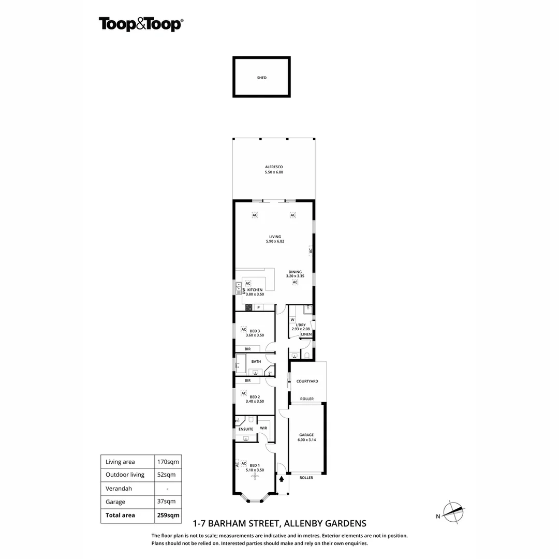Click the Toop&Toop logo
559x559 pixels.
click(x=141, y=24)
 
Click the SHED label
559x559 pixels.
click(x=262, y=78)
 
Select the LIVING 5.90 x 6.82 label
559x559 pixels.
click(x=275, y=239)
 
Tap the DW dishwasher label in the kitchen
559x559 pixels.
click(x=244, y=291)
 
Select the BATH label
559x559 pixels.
click(x=256, y=361)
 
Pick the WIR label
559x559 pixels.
click(x=263, y=428)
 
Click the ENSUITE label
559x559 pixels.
click(x=246, y=429)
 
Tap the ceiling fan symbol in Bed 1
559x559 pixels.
click(x=254, y=477)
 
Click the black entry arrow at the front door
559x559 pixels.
click(x=282, y=479)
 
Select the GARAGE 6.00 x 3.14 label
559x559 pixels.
click(x=306, y=437)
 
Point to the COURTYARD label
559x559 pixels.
click(x=307, y=381)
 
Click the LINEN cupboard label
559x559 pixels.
click(x=306, y=334)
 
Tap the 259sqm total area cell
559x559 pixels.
click(x=168, y=515)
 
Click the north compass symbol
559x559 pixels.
click(x=454, y=512)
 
